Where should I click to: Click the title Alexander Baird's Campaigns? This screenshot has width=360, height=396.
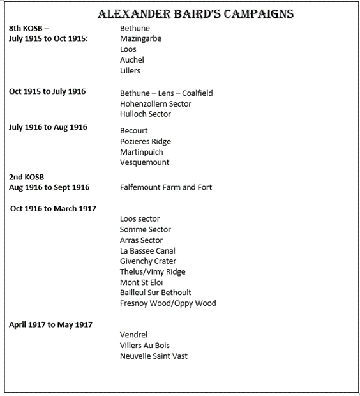[x=196, y=14]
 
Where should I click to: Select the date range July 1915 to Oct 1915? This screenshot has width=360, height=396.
[x=49, y=38]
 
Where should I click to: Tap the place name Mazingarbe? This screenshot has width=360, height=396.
[x=140, y=39]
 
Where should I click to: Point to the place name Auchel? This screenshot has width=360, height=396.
[x=132, y=60]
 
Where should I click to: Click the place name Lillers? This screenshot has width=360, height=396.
[x=130, y=70]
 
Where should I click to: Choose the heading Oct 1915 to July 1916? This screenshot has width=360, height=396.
[x=47, y=92]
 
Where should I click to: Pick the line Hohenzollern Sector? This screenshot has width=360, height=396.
[x=156, y=103]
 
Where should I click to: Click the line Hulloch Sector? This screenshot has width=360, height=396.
[x=146, y=114]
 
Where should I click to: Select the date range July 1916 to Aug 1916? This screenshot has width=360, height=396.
[x=48, y=128]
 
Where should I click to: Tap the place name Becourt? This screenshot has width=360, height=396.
[x=134, y=131]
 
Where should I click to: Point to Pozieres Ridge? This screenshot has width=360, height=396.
[x=146, y=141]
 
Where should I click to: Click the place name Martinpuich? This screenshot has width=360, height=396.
[x=142, y=152]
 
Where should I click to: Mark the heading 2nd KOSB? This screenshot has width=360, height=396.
[x=27, y=177]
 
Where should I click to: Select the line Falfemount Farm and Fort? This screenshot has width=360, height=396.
[x=166, y=187]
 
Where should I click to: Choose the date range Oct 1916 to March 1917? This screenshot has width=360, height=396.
[x=53, y=209]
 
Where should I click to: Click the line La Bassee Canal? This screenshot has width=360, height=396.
[x=147, y=250]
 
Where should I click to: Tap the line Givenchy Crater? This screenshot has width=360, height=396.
[x=148, y=261]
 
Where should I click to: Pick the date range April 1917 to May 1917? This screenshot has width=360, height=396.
[x=50, y=324]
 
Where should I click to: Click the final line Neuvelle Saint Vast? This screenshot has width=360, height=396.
[x=154, y=356]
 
